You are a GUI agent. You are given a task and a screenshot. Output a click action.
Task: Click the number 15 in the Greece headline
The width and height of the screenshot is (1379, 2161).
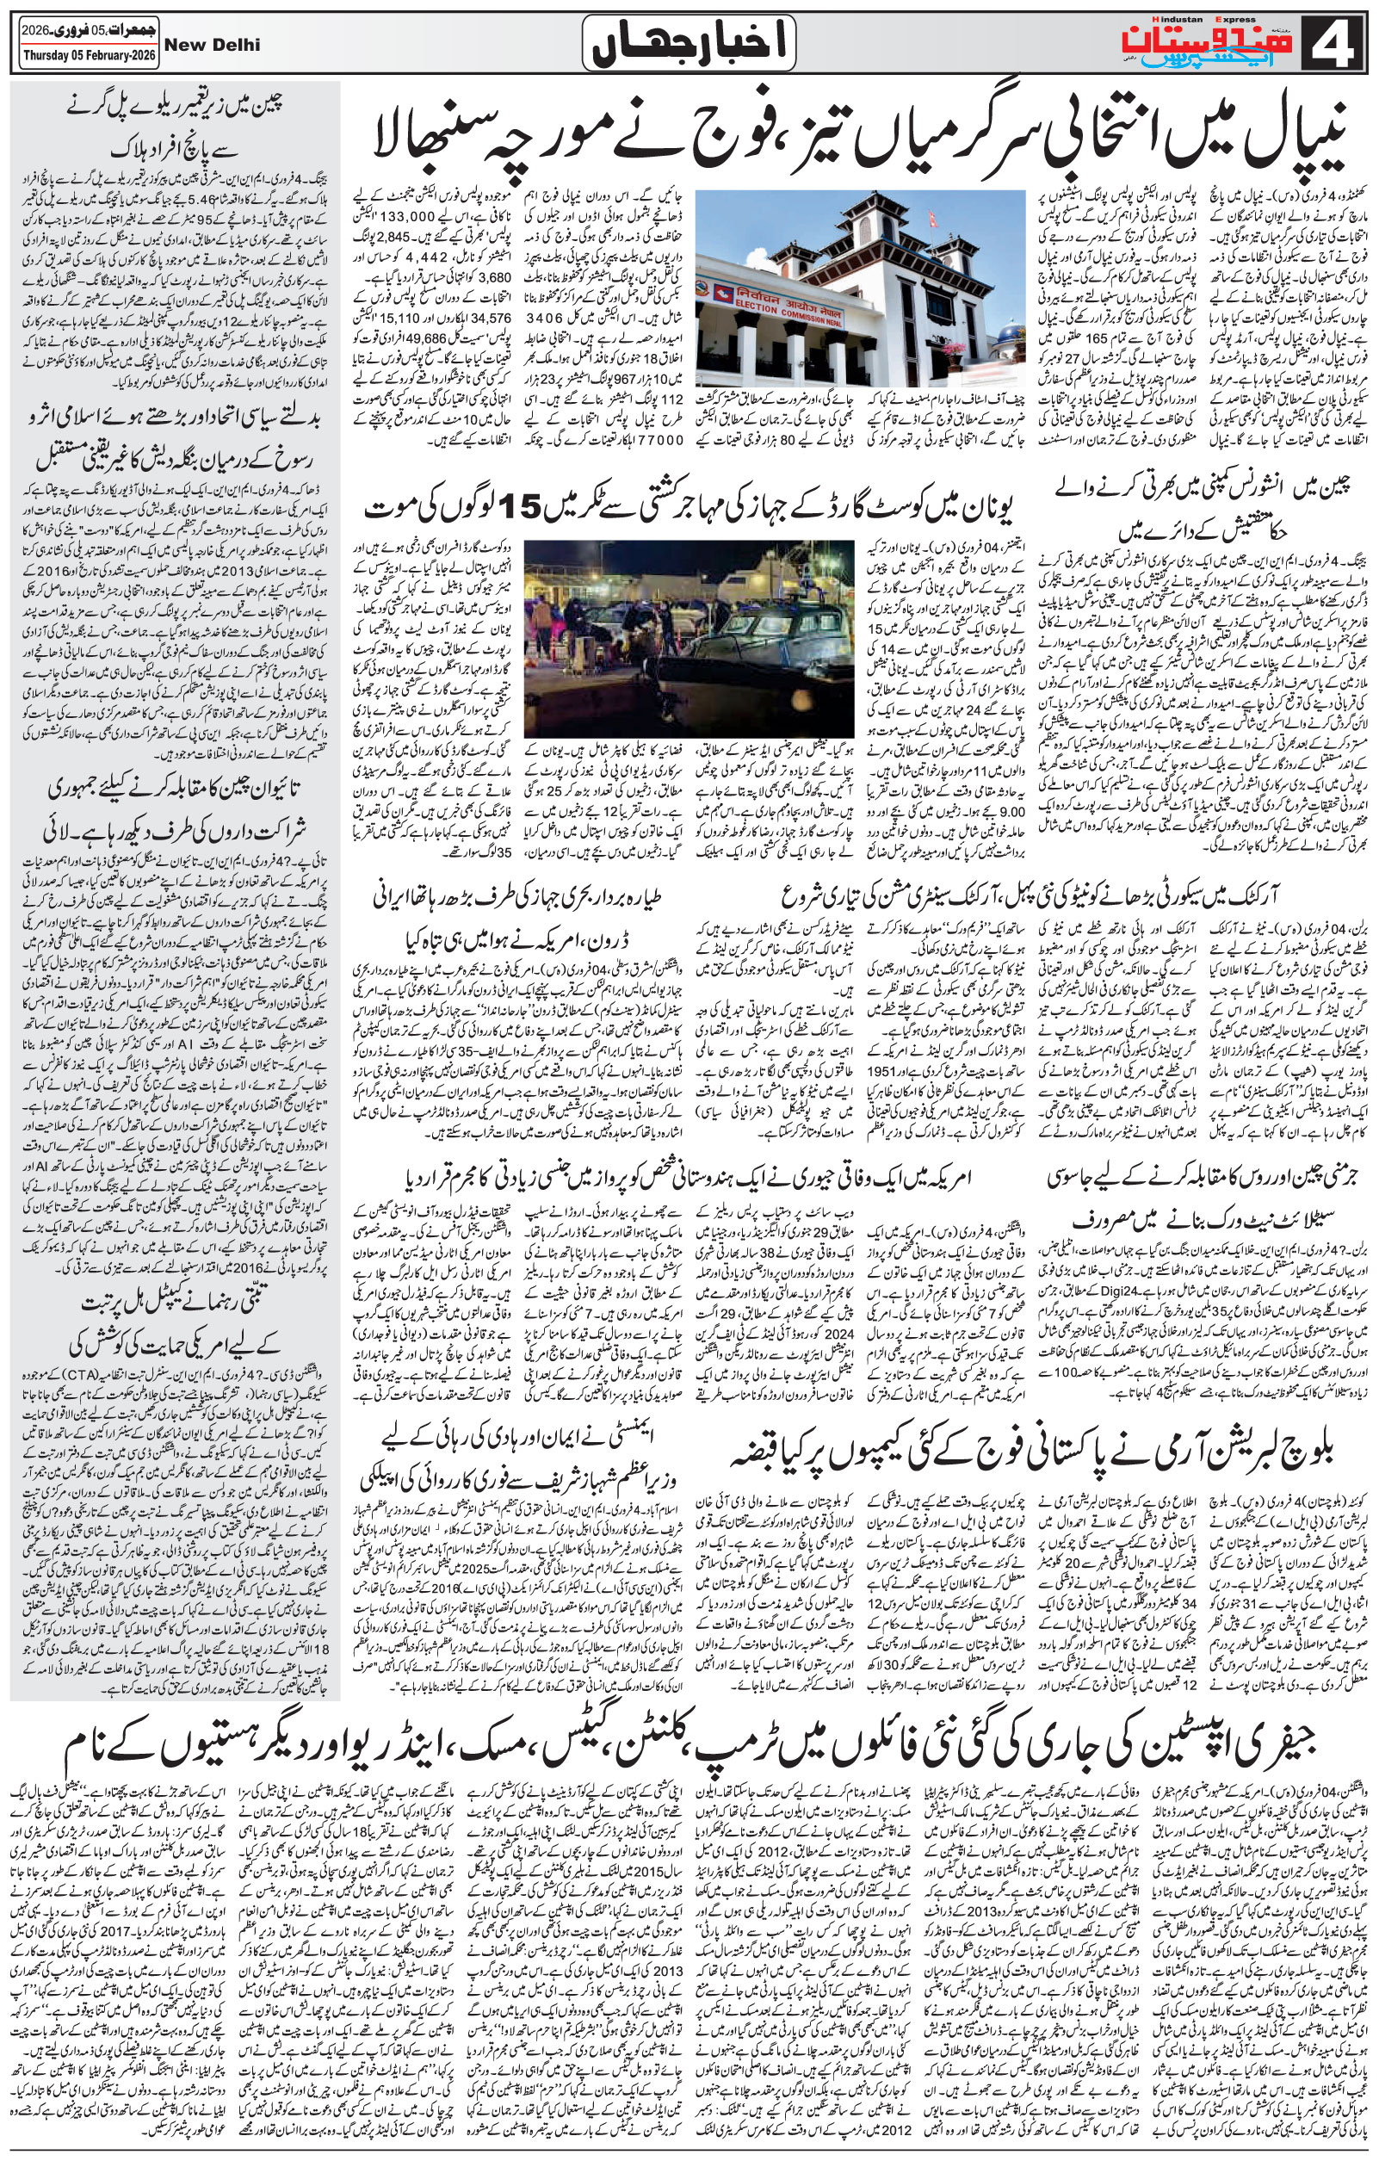[x=523, y=509]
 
